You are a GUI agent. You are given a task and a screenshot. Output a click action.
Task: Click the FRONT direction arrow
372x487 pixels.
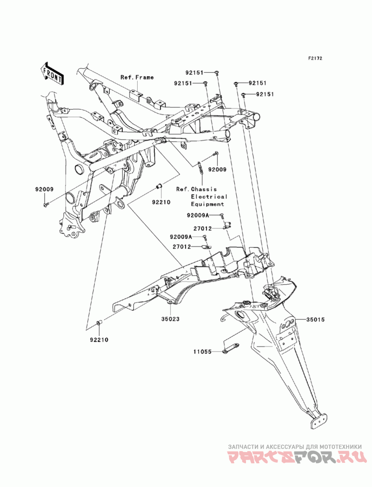click(52, 73)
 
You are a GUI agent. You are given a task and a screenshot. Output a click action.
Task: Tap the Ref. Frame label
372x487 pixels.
click(137, 77)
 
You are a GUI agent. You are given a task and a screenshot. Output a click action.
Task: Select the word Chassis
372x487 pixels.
click(204, 189)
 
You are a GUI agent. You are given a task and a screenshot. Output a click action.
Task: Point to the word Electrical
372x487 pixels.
click(209, 197)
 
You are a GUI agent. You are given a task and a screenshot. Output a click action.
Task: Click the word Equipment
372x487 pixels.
click(207, 204)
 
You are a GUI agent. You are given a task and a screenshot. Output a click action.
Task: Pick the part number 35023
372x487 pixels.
click(170, 319)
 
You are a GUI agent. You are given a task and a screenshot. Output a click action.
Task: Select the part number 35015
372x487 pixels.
click(316, 320)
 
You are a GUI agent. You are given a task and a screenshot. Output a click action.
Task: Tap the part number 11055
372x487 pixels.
click(202, 352)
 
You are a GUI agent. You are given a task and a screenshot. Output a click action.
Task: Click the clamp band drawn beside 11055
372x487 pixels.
click(231, 347)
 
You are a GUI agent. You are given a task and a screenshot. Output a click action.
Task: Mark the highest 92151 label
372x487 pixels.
click(194, 73)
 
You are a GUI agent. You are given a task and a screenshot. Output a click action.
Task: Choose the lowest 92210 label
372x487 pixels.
click(99, 340)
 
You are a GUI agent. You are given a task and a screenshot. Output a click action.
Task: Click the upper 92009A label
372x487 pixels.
click(199, 215)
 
